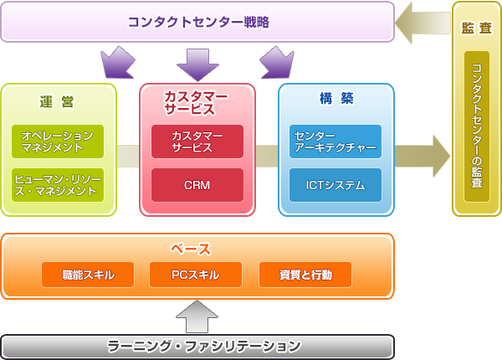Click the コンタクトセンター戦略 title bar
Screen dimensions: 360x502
tap(197, 22)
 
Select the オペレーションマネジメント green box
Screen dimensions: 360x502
tap(58, 141)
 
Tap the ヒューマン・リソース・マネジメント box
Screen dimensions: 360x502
tap(58, 185)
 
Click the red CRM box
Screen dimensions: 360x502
tap(197, 185)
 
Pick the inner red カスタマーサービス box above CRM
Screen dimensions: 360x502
tap(197, 141)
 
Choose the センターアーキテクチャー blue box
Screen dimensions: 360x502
tap(336, 141)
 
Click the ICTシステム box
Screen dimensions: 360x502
tap(336, 185)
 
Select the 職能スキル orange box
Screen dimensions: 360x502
tap(88, 275)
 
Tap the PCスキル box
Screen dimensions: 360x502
tap(196, 275)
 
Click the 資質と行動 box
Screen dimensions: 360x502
tap(305, 275)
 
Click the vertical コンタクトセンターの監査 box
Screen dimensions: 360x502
tap(477, 126)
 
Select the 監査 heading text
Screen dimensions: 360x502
tap(477, 28)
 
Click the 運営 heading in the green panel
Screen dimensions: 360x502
tap(58, 101)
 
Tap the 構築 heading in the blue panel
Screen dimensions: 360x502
tap(336, 99)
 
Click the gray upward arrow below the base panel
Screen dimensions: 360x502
tap(197, 316)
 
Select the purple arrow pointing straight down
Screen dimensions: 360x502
tap(197, 64)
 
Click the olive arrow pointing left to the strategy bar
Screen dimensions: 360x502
tap(423, 23)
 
